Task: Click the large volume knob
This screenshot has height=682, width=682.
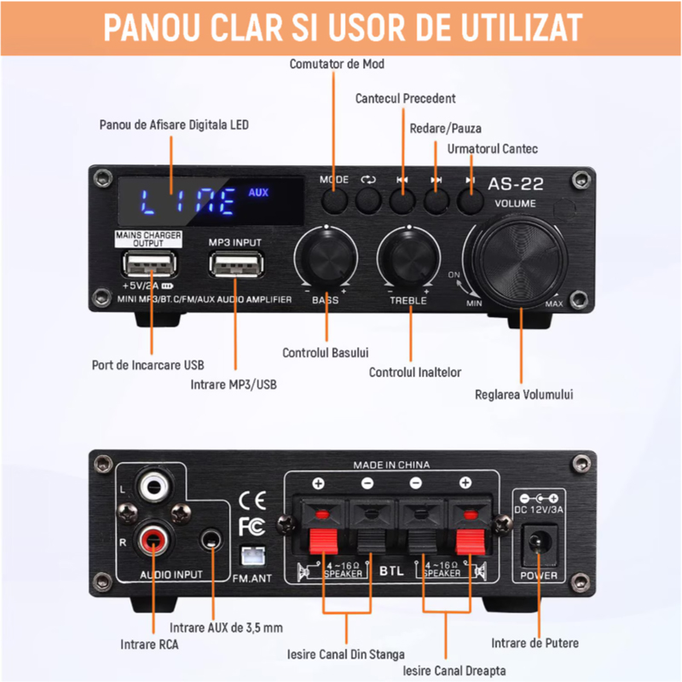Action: click(519, 262)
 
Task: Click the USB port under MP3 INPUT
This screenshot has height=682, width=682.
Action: click(236, 264)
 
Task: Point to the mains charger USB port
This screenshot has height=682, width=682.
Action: click(150, 264)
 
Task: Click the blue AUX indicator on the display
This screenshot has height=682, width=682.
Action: click(258, 193)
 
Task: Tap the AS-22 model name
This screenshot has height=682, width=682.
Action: click(516, 184)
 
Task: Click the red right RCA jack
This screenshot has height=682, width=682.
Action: click(153, 540)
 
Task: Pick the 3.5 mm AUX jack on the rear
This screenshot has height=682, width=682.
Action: click(211, 540)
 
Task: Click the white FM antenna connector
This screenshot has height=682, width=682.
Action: click(252, 556)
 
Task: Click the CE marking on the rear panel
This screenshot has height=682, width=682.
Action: click(252, 500)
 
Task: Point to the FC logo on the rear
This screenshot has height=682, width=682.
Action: click(251, 527)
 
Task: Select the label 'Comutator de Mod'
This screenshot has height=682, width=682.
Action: click(337, 65)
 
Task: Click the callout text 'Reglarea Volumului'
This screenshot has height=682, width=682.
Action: click(523, 395)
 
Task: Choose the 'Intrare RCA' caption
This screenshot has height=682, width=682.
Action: click(149, 644)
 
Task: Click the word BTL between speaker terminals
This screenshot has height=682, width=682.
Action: click(391, 570)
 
